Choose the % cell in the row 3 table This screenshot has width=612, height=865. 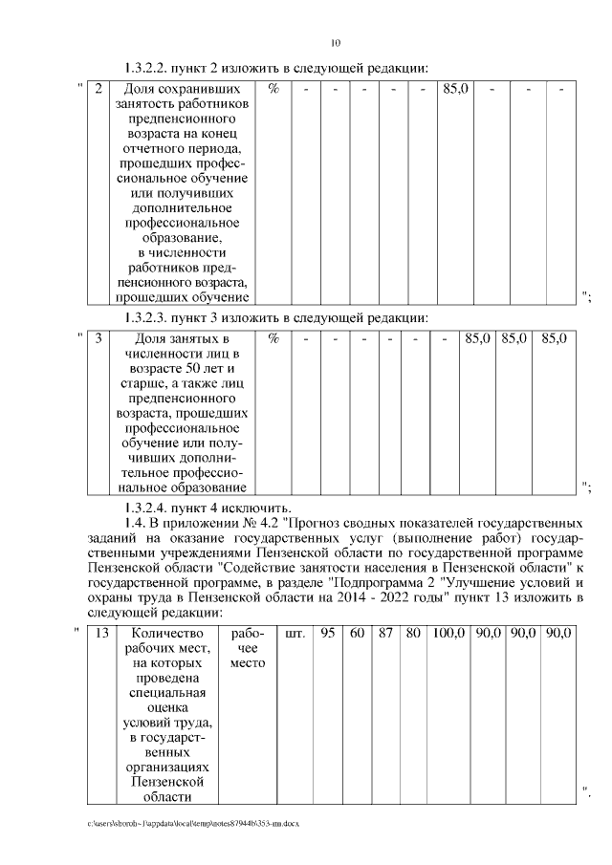(x=273, y=338)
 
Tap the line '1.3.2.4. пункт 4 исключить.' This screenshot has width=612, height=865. (x=208, y=507)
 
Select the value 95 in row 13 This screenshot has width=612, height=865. (x=327, y=633)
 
